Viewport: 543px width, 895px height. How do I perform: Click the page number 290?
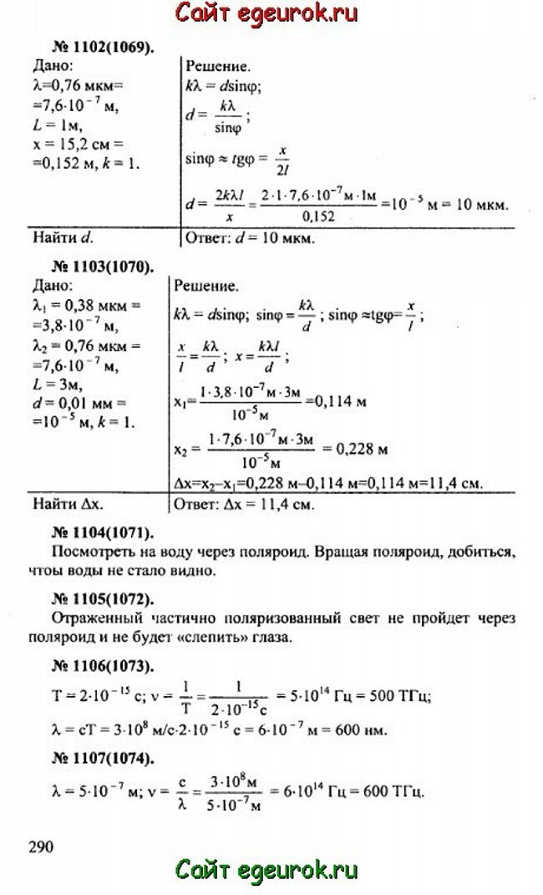click(41, 847)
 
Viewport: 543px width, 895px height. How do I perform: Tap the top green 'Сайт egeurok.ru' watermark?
click(266, 14)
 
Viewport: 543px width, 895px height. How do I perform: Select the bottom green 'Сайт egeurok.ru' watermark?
click(266, 871)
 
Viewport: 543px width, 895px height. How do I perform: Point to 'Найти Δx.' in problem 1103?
click(69, 505)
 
